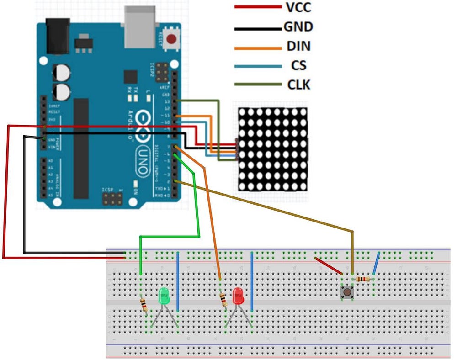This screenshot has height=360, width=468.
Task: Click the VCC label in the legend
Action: tap(299, 7)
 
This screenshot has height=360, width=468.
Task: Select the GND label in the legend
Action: tap(298, 26)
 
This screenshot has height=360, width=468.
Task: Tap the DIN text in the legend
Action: tap(299, 46)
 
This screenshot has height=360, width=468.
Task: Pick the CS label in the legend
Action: tap(298, 66)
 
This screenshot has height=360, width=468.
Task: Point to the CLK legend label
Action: tap(299, 85)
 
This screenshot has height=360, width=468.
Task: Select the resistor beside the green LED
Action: tap(144, 304)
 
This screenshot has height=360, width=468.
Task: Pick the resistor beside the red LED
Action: tap(223, 300)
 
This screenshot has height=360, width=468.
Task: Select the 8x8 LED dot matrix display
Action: tap(273, 149)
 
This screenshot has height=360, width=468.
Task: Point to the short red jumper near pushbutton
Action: tap(328, 266)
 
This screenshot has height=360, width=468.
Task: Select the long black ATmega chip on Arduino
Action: tap(81, 148)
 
